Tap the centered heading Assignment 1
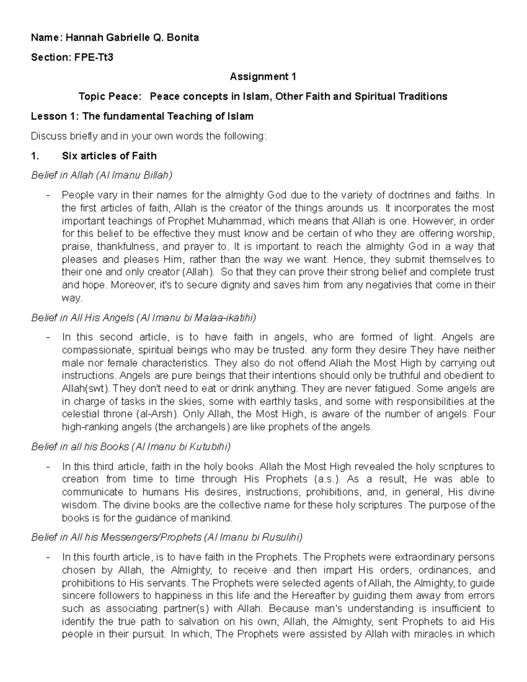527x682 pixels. [263, 77]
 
